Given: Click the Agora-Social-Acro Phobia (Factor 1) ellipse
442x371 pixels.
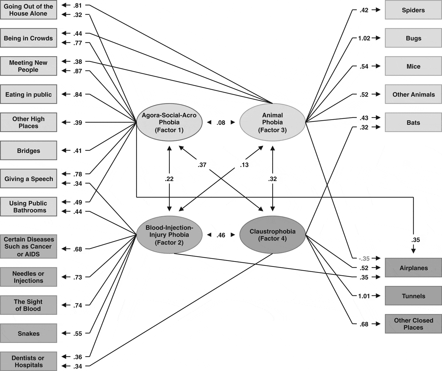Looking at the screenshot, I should [169, 122].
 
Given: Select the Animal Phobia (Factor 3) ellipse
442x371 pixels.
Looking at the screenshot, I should [272, 122].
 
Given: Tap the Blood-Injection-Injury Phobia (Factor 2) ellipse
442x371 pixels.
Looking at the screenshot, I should [169, 235].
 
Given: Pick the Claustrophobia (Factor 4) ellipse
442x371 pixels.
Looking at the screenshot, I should [272, 235].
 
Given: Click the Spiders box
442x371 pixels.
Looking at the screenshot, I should [413, 10].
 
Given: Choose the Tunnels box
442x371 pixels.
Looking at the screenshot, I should [413, 296].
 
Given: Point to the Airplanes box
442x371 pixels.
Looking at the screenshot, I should [413, 268].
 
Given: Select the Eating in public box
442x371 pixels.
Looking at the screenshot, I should [28, 94].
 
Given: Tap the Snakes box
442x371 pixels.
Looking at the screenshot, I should [28, 333].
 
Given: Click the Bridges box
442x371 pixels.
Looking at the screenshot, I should [28, 151].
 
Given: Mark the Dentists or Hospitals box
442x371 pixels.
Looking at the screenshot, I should [28, 361].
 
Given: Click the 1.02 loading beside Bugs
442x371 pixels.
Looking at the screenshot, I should [364, 38].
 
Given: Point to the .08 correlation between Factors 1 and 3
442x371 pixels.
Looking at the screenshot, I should [221, 123].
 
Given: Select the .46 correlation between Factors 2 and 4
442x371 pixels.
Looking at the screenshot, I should [221, 235].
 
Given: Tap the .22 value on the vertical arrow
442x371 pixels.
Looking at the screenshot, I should [169, 179].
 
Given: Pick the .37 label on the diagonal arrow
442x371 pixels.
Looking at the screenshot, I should [202, 165].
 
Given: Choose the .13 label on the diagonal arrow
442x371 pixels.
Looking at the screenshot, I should [244, 165].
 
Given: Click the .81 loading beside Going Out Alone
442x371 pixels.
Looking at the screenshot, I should [78, 5].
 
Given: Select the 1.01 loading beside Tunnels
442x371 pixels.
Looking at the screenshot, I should [364, 296].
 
